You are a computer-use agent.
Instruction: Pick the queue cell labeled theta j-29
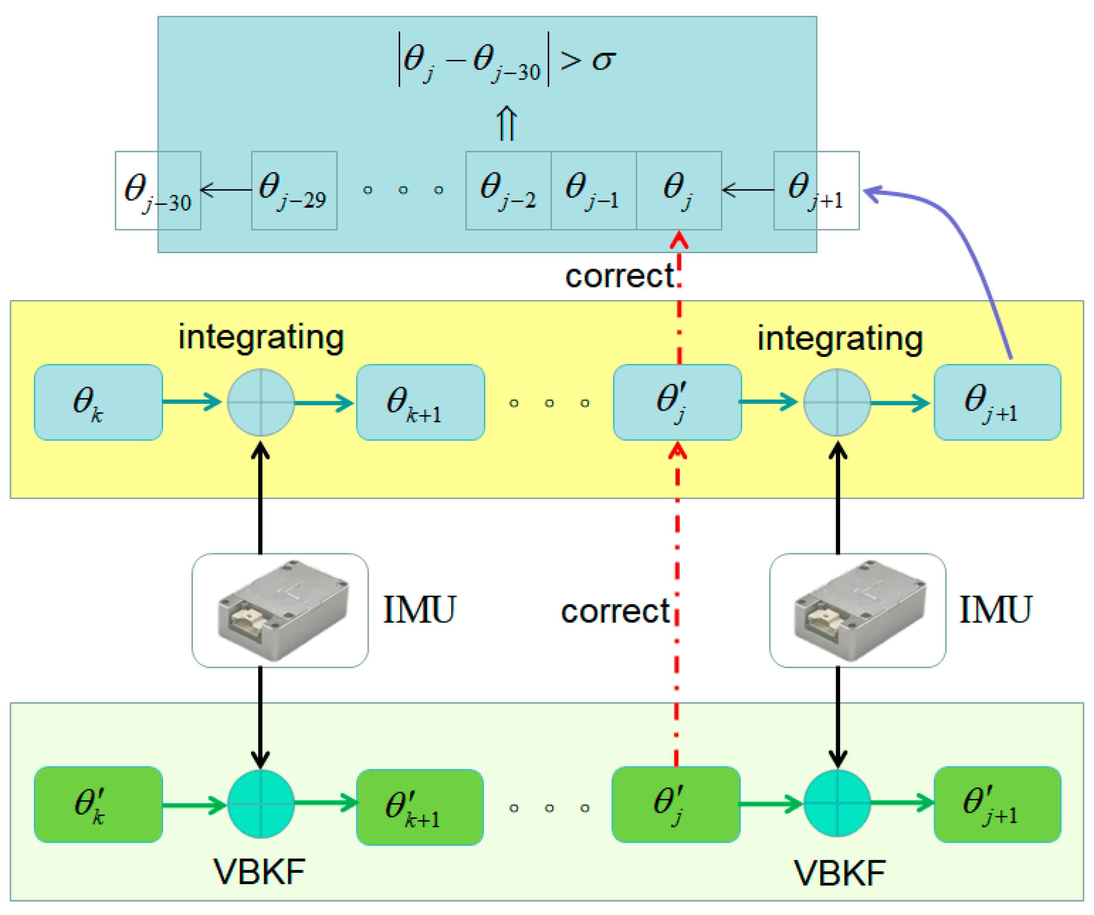294,190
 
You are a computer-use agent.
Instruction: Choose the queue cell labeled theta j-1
593,190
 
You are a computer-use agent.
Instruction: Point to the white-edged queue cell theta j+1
816,190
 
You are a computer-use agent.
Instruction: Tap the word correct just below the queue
620,276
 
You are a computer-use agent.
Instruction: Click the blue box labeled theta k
98,403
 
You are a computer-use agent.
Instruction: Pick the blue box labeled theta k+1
420,403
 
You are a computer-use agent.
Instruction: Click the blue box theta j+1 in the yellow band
997,403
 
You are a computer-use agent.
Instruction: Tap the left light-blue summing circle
260,403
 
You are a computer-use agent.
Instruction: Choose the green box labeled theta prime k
98,805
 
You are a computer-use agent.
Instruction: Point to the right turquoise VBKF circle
837,804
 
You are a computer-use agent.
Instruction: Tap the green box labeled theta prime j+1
997,805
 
